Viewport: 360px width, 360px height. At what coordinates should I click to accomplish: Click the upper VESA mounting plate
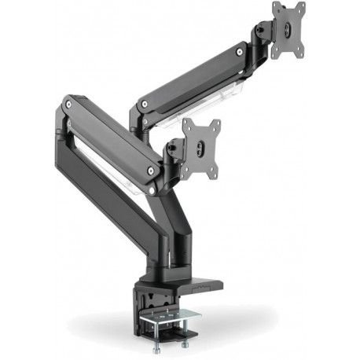coord(288,31)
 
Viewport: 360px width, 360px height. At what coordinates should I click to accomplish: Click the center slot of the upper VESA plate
coord(288,31)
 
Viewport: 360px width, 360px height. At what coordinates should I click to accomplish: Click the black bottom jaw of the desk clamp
coord(154,303)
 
